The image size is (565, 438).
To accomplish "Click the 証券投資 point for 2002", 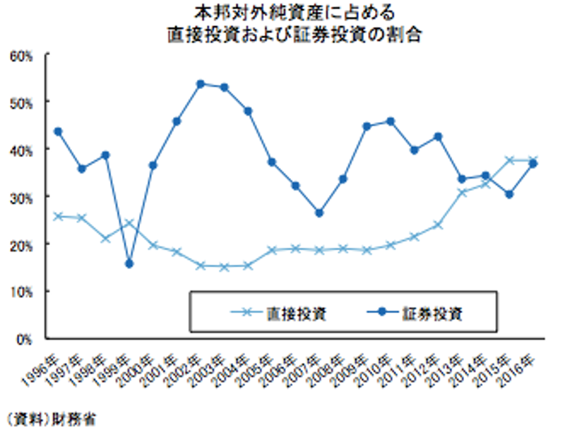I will pos(201,84).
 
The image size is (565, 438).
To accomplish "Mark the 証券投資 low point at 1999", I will pos(129,264).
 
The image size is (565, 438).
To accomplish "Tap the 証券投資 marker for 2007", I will pos(319,213).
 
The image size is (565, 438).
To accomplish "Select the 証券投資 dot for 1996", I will pos(58,131).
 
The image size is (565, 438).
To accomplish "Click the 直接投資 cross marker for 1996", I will pos(58,216).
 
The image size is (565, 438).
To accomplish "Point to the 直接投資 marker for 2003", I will pos(225,266).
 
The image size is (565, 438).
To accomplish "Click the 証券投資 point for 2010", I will pos(391,121).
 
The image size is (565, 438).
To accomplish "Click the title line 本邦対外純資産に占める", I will pos(282,13).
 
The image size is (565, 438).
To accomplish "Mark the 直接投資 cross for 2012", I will pos(439,225).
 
